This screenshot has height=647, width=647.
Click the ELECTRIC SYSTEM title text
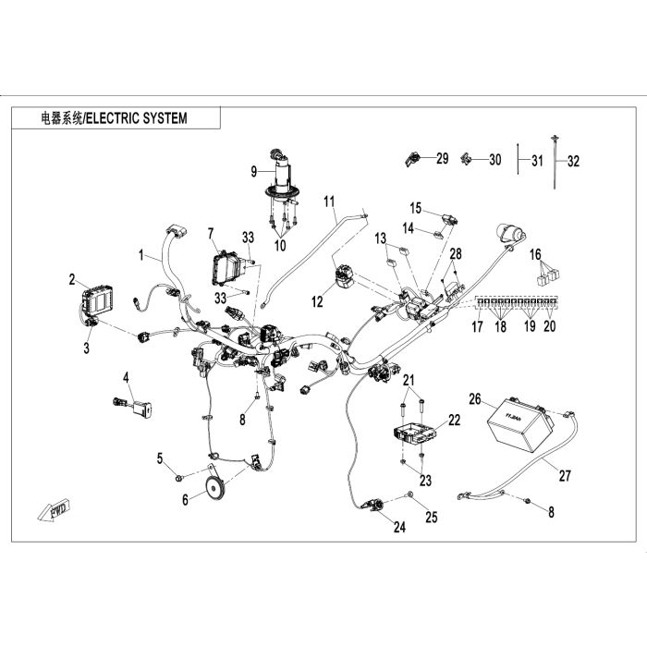point(115,118)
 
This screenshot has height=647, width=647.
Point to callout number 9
point(254,170)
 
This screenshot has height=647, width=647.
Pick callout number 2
point(71,276)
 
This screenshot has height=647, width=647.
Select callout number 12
point(318,301)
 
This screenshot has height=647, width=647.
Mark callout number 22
point(454,421)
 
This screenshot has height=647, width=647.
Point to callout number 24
point(399,528)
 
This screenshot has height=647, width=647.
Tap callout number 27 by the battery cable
point(565,477)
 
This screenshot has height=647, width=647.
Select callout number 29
point(442,159)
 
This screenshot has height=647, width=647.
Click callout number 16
point(534,253)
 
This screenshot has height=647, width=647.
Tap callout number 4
point(127,376)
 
